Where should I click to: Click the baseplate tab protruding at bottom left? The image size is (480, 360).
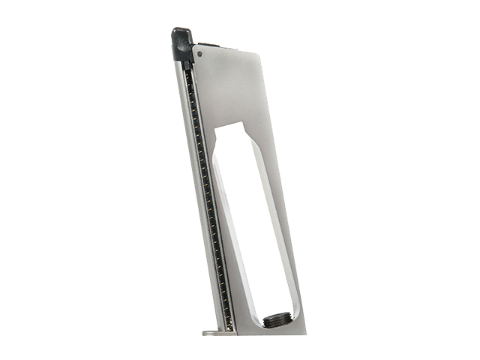point(211,331)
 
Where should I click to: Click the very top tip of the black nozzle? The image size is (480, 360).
point(178,30)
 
